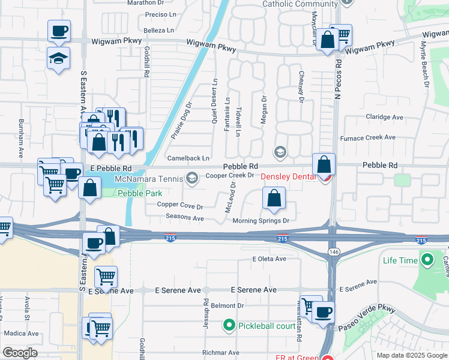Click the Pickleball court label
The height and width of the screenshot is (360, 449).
point(261,326)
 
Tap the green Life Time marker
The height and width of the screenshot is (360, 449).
point(427,260)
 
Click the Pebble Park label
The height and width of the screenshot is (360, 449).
point(133,193)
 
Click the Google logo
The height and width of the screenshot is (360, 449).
point(20,352)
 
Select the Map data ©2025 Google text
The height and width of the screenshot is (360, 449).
point(411,355)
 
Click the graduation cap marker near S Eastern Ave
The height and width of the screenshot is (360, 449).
point(59,58)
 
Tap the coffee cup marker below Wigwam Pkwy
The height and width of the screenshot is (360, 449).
point(59,31)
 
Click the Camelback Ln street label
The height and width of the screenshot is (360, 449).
point(188,158)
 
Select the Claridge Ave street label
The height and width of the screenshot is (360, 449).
point(384,117)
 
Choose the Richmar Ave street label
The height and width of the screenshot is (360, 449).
point(221,353)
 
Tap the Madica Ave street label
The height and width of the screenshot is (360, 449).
point(21,333)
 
